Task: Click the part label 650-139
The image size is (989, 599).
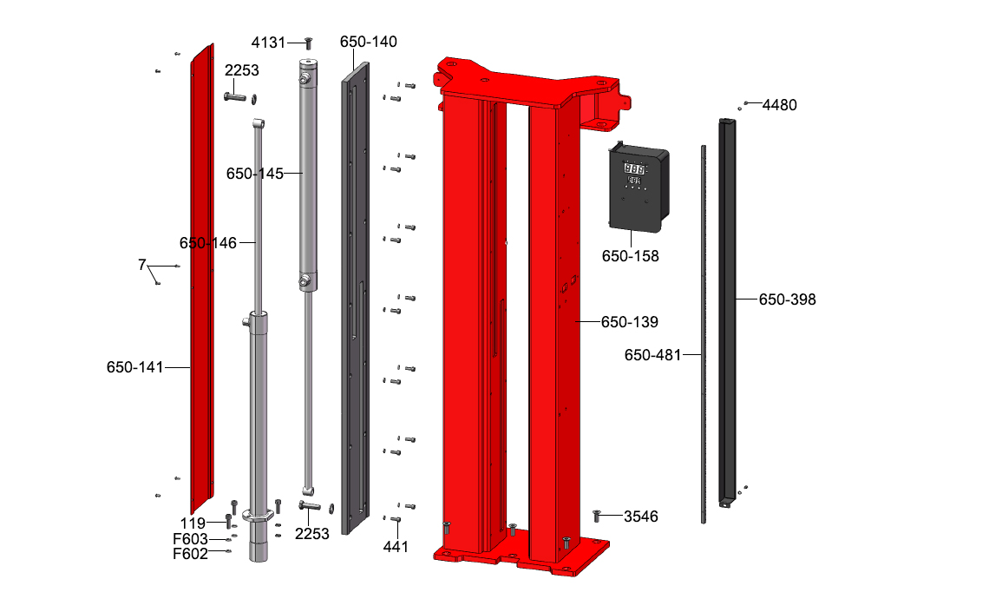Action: coord(629,322)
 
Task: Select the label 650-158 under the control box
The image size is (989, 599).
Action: coord(630,256)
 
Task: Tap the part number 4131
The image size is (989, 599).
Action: coord(269,43)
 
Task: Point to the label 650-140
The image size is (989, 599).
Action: coord(369,42)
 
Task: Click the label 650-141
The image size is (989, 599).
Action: coord(135,367)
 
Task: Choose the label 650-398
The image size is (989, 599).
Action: coord(787,299)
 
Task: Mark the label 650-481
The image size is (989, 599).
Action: coord(652,355)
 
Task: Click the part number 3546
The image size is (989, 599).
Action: coord(641,517)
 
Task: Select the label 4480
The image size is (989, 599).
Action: coord(780,105)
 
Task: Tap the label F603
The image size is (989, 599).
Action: coord(191,539)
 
